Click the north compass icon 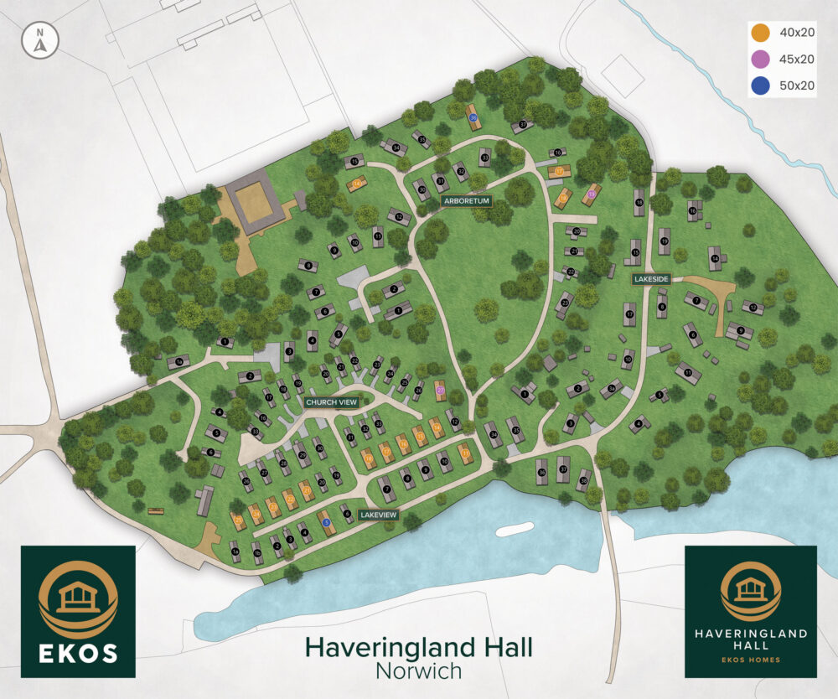pyautogui.click(x=39, y=42)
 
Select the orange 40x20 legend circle pyautogui.click(x=760, y=34)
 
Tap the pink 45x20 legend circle pyautogui.click(x=760, y=59)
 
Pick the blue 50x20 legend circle pyautogui.click(x=760, y=85)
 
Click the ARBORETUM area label pyautogui.click(x=465, y=201)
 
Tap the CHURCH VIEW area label pyautogui.click(x=332, y=402)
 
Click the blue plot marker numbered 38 pyautogui.click(x=473, y=119)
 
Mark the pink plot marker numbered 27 pyautogui.click(x=440, y=390)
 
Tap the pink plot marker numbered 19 pyautogui.click(x=591, y=194)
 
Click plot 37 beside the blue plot pyautogui.click(x=523, y=126)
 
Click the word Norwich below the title pyautogui.click(x=418, y=671)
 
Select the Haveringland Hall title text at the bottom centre pyautogui.click(x=418, y=647)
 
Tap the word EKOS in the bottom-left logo pyautogui.click(x=78, y=651)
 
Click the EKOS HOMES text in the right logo pyautogui.click(x=750, y=660)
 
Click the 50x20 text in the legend pyautogui.click(x=796, y=85)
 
